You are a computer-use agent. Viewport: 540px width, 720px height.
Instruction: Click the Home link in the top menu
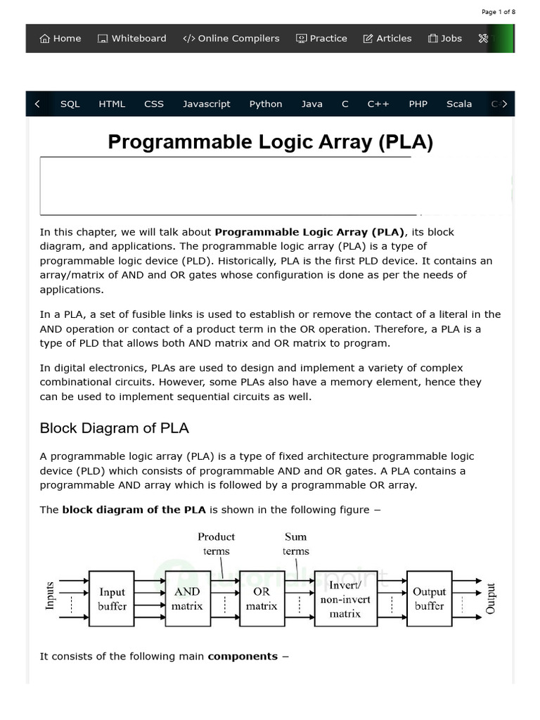(x=60, y=39)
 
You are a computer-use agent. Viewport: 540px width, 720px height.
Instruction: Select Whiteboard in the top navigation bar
(x=132, y=39)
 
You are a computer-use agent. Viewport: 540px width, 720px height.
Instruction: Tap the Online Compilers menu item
(x=231, y=39)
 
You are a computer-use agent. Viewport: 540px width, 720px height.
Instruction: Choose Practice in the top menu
(x=321, y=39)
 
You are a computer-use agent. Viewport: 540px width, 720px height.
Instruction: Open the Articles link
(x=387, y=39)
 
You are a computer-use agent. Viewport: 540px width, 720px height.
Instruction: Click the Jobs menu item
(x=445, y=39)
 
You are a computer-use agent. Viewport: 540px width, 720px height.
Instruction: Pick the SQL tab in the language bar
(x=70, y=104)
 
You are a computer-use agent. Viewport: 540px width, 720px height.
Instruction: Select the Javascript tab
(x=207, y=104)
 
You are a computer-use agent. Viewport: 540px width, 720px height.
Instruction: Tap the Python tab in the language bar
(x=266, y=104)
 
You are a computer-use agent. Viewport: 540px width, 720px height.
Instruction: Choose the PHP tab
(x=418, y=104)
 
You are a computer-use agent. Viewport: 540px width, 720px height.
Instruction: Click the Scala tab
(x=459, y=104)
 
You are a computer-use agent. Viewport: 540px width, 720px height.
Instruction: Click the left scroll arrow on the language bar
(x=37, y=104)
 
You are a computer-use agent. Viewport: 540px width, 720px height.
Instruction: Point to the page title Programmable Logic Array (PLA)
(x=270, y=142)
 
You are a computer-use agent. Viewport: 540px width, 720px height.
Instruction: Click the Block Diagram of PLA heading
(x=115, y=428)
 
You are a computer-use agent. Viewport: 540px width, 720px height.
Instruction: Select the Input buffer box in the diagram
(x=112, y=598)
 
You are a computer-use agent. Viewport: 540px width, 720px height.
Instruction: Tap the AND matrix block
(x=188, y=598)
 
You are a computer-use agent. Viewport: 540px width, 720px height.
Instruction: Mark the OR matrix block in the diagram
(x=262, y=598)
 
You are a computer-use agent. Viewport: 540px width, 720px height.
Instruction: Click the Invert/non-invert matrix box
(x=345, y=598)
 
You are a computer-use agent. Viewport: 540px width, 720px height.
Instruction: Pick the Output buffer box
(x=429, y=598)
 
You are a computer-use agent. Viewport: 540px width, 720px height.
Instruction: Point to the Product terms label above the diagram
(x=217, y=544)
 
